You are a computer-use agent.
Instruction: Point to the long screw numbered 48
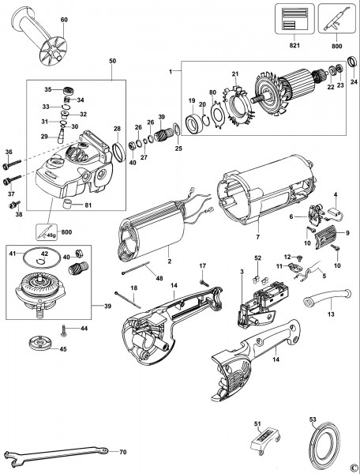tap(141, 273)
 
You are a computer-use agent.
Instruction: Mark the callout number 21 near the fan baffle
tap(234, 75)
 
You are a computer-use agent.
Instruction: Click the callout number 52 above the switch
tap(257, 258)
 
